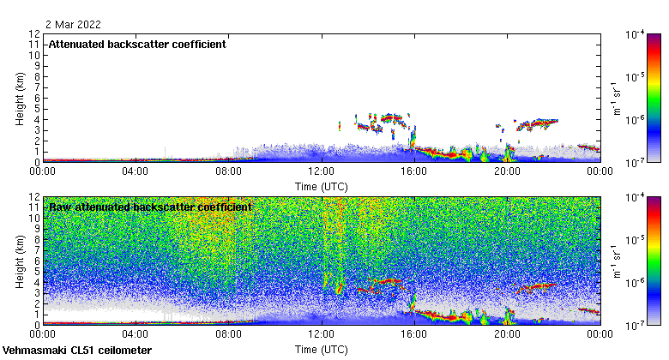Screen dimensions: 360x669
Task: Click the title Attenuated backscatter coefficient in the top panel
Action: point(137,44)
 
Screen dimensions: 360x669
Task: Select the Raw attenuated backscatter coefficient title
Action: point(150,207)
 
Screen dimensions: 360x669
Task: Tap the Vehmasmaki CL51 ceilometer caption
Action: point(77,351)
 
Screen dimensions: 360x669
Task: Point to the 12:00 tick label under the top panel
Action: point(322,171)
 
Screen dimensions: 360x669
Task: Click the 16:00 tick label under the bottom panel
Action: point(414,333)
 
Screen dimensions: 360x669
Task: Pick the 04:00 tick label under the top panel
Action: point(136,171)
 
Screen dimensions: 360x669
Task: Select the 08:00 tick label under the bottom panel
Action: point(229,333)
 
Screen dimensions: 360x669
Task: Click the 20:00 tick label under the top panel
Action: point(507,171)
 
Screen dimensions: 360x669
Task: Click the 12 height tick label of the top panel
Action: point(34,34)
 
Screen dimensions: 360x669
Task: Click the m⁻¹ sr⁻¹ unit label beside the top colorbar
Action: point(614,99)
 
